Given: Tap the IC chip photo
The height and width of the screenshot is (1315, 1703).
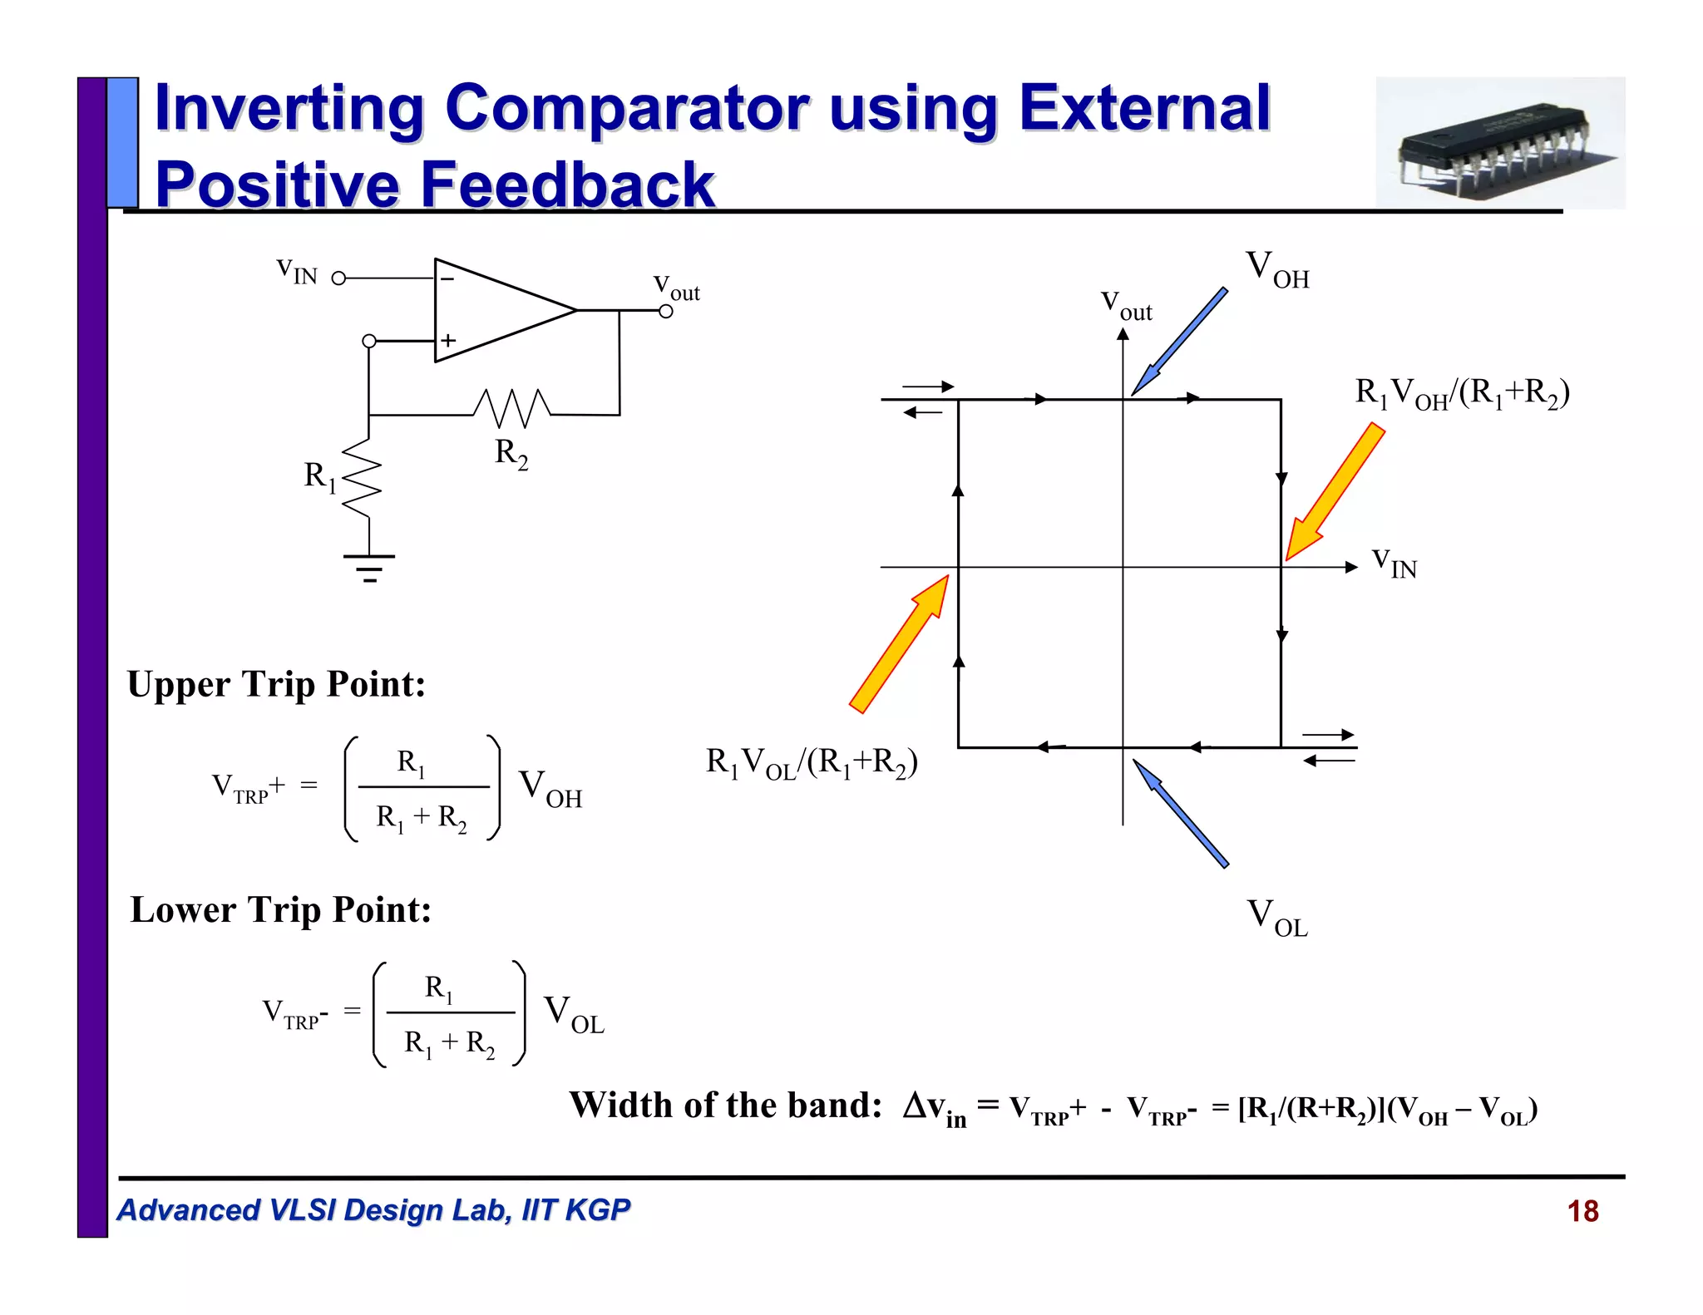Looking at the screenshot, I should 1500,143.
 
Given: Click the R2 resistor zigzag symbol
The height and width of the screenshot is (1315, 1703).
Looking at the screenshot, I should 511,406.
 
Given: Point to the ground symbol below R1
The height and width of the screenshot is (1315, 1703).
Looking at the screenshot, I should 369,567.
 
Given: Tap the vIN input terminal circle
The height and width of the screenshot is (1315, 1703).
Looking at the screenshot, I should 338,278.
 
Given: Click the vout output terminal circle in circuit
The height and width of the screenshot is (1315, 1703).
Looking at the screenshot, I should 665,312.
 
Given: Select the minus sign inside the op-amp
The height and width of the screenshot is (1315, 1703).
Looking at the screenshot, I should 447,279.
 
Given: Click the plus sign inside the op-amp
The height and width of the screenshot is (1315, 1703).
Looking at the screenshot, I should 448,340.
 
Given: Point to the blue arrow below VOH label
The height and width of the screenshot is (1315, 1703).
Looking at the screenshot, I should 1179,342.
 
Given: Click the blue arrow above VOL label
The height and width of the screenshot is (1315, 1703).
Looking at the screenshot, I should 1181,814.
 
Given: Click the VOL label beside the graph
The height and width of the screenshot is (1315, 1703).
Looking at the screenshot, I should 1277,918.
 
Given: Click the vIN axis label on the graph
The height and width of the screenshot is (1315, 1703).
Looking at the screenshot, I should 1394,563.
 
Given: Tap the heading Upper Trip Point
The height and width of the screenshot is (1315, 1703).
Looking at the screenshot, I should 276,685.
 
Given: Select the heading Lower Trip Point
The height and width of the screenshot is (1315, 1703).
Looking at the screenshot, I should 281,910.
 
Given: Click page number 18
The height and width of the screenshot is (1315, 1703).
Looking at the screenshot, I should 1582,1211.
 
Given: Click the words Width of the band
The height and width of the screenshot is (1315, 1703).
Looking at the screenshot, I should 725,1106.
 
